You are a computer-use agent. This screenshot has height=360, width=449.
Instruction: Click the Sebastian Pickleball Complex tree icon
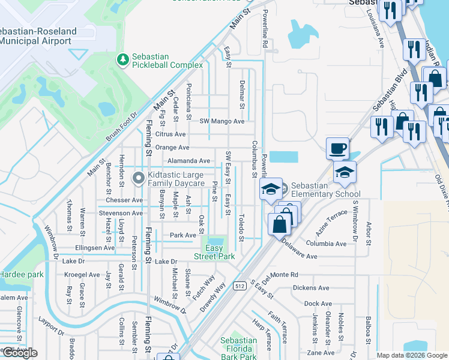[x=123, y=59]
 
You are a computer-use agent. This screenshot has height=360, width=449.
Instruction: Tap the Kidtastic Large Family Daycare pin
[x=138, y=178]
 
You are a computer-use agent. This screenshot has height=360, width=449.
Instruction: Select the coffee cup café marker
[x=337, y=148]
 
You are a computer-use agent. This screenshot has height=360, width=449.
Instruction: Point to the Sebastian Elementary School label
[x=325, y=190]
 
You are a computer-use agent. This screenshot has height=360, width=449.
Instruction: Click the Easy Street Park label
[x=214, y=252]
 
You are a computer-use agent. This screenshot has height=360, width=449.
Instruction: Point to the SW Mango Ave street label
[x=222, y=121]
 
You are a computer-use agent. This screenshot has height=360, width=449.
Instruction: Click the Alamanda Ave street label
[x=188, y=161]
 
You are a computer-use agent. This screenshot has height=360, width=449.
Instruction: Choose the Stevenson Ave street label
[x=121, y=212]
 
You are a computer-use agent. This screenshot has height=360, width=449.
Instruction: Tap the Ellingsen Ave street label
[x=94, y=247]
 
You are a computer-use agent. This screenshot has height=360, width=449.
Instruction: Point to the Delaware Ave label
[x=299, y=256]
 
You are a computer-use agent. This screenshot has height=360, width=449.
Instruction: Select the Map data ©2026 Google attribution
[x=411, y=355]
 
